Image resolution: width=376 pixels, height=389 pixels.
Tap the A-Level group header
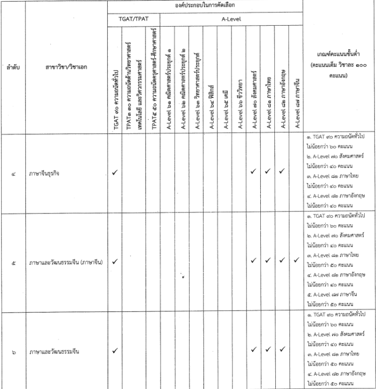pos(232,18)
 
